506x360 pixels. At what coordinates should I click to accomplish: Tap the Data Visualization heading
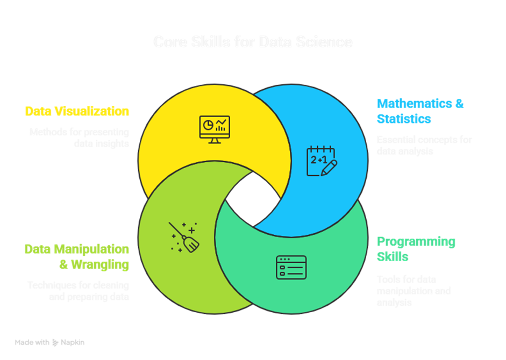coord(77,112)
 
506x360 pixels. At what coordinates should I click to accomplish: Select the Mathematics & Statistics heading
coord(420,111)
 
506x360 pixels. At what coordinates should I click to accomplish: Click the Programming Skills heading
coord(416,249)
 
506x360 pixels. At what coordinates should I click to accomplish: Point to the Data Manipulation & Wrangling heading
coord(77,257)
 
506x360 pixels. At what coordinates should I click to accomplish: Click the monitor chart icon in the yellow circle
coord(215,129)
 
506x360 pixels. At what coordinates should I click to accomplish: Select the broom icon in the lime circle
coord(184,236)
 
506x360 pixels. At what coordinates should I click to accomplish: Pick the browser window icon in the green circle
coord(291,267)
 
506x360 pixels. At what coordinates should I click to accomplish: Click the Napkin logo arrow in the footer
coord(55,342)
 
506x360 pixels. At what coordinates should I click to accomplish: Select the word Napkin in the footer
coord(73,342)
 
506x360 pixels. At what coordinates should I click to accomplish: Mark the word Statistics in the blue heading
coord(404,118)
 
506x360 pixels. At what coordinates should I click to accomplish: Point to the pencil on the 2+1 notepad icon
coord(329,167)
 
